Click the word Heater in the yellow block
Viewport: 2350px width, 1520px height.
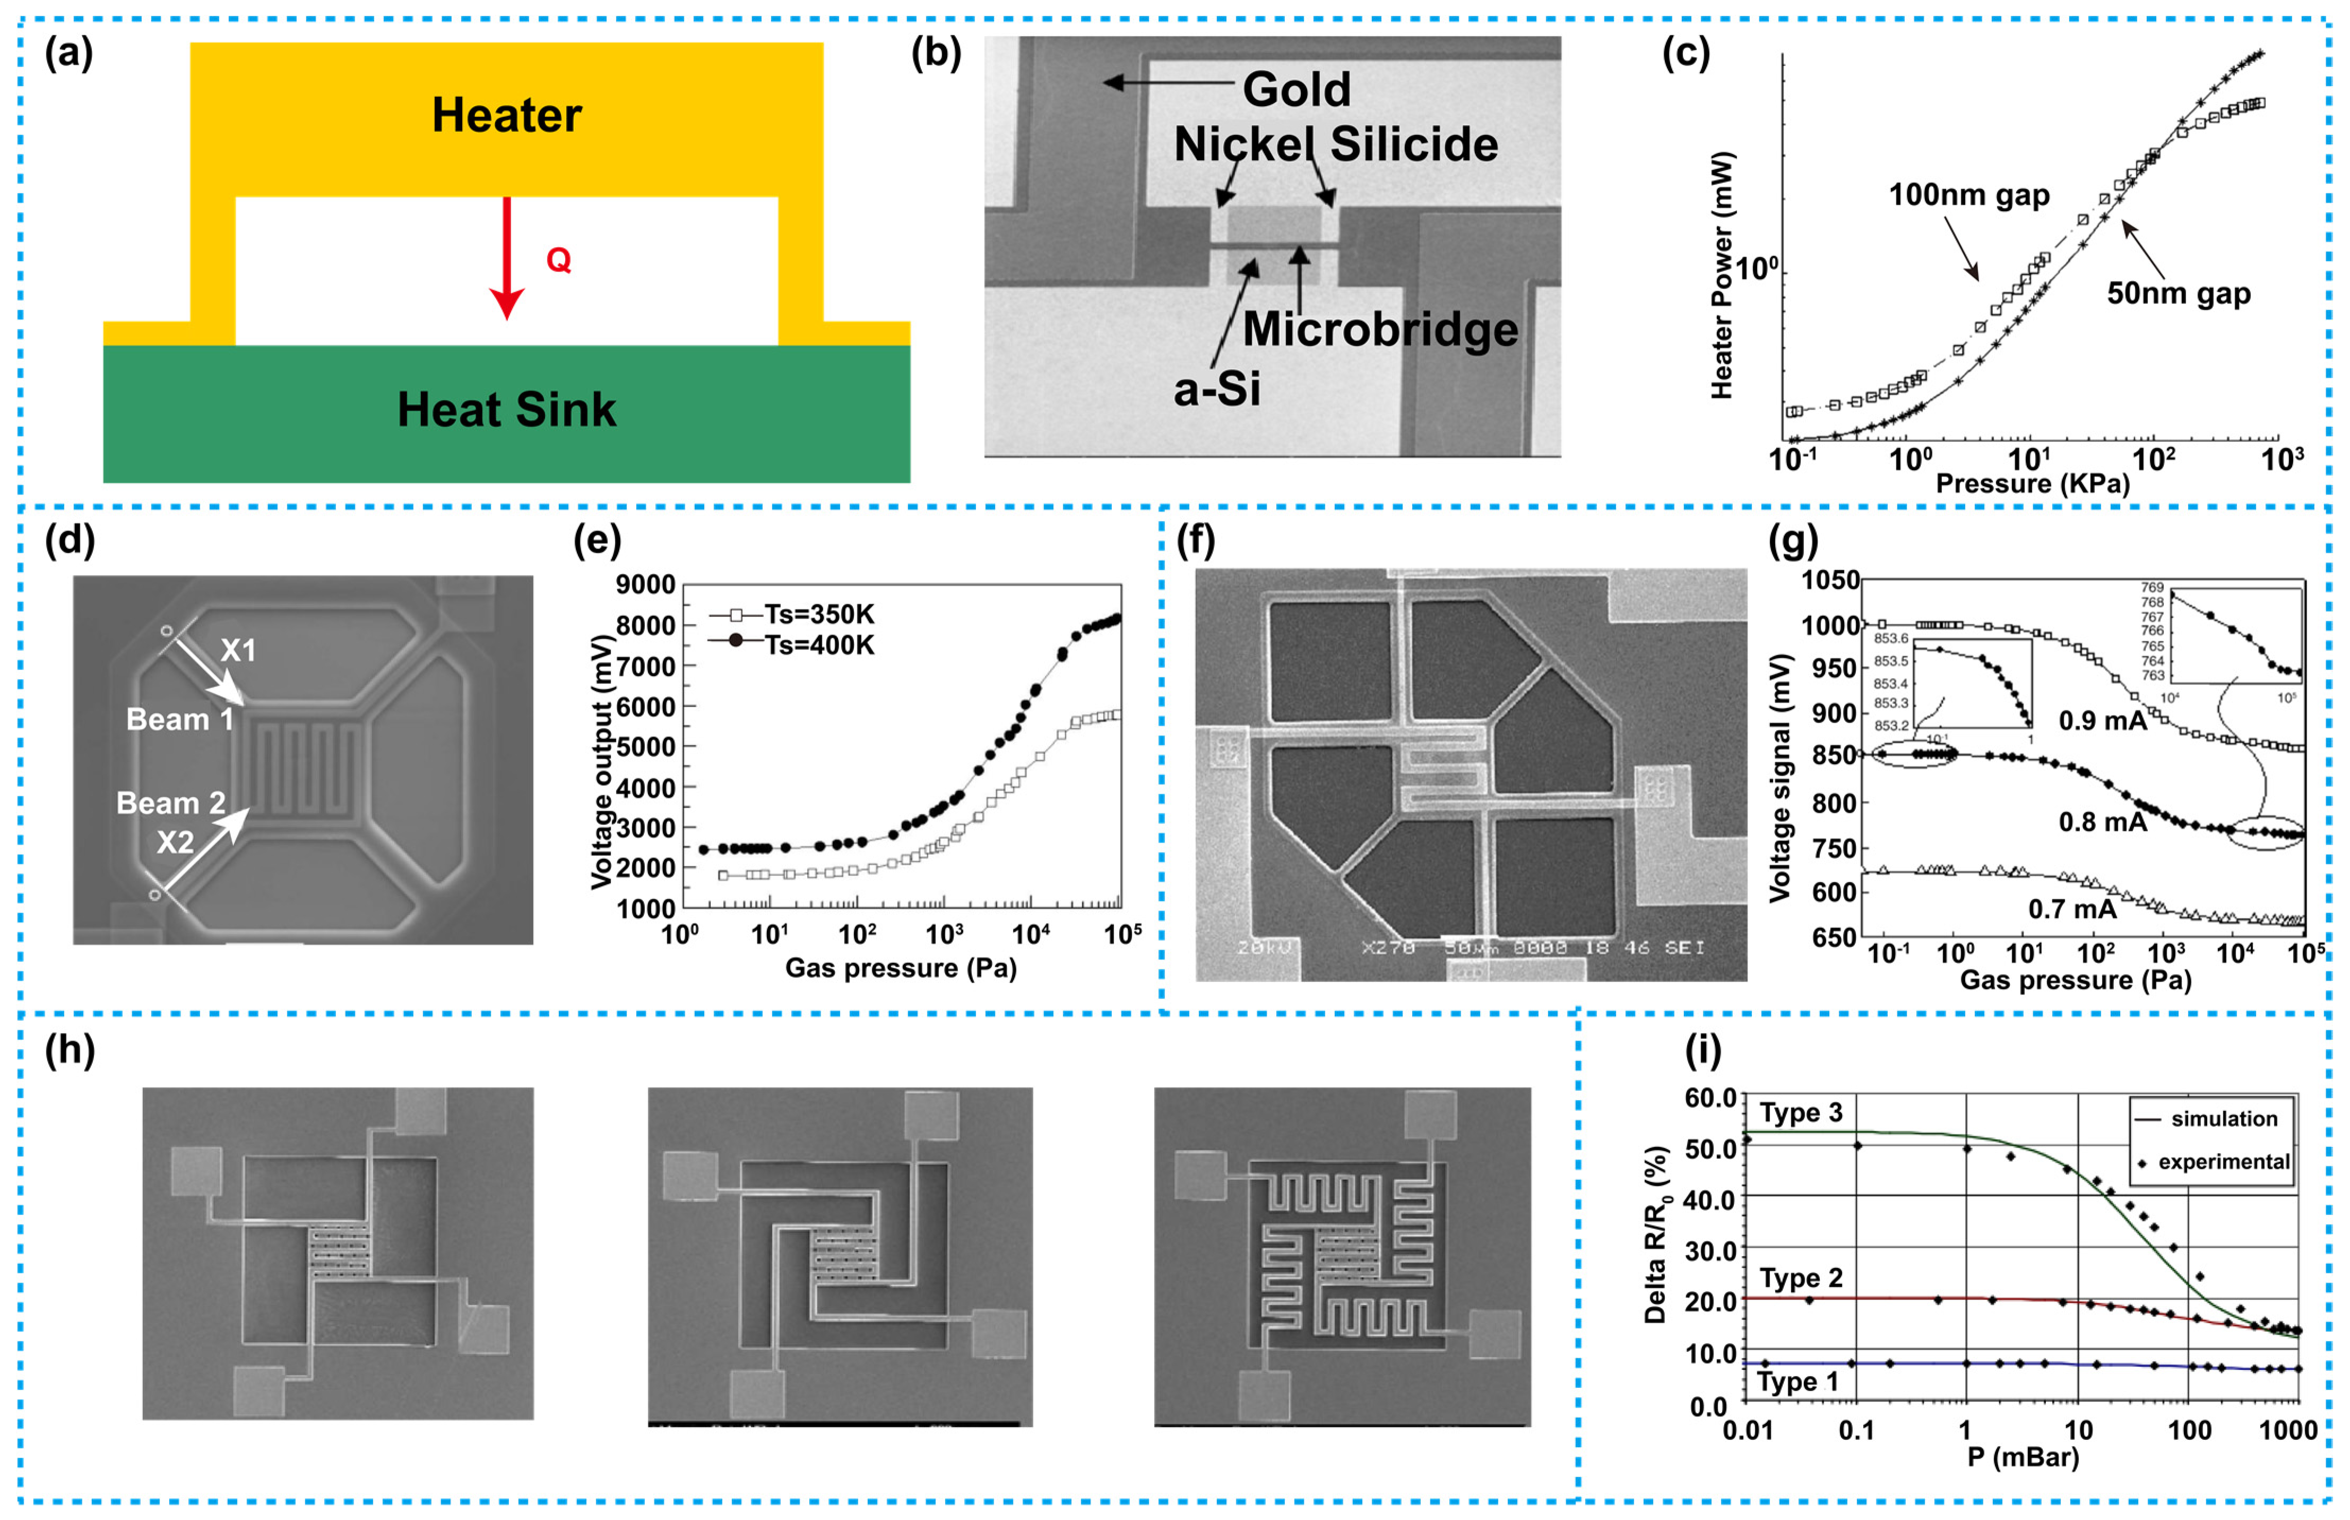coord(506,116)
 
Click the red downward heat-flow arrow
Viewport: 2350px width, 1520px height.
coord(506,257)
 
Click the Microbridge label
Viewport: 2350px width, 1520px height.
coord(1379,329)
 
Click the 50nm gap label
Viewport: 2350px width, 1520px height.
coord(2178,293)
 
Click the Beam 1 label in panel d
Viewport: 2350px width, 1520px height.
coord(180,719)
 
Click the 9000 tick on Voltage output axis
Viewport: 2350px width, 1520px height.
coord(645,585)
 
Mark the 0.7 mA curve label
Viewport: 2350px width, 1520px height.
coord(2071,909)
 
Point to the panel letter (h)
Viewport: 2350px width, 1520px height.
coord(70,1050)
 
